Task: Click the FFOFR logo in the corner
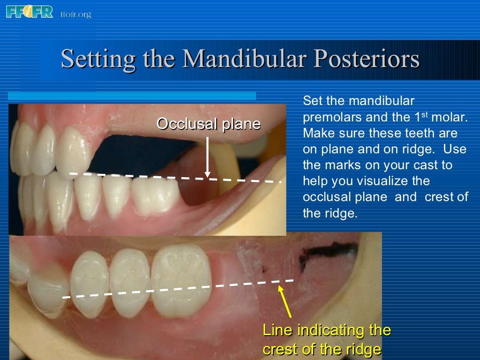(30, 11)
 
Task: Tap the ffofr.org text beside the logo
(76, 15)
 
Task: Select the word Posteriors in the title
(366, 60)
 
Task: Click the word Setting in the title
(93, 60)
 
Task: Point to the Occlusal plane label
(208, 124)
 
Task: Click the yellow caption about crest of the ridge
(326, 340)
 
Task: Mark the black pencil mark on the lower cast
(323, 255)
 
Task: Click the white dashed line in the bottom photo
(178, 288)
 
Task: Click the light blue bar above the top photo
(132, 96)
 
